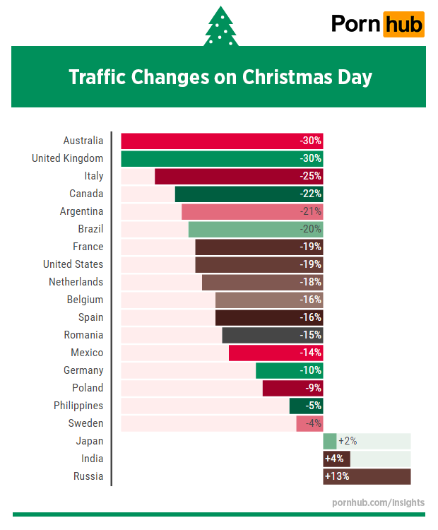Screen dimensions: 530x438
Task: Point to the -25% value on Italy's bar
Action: (309, 176)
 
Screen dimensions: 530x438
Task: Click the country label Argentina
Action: (81, 211)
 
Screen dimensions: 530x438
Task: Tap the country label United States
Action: (73, 264)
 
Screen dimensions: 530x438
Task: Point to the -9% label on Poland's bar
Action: (313, 388)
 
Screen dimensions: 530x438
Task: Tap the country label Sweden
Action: (85, 423)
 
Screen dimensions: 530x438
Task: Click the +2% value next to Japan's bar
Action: (348, 441)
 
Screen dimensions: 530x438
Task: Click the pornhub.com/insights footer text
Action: (378, 502)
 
